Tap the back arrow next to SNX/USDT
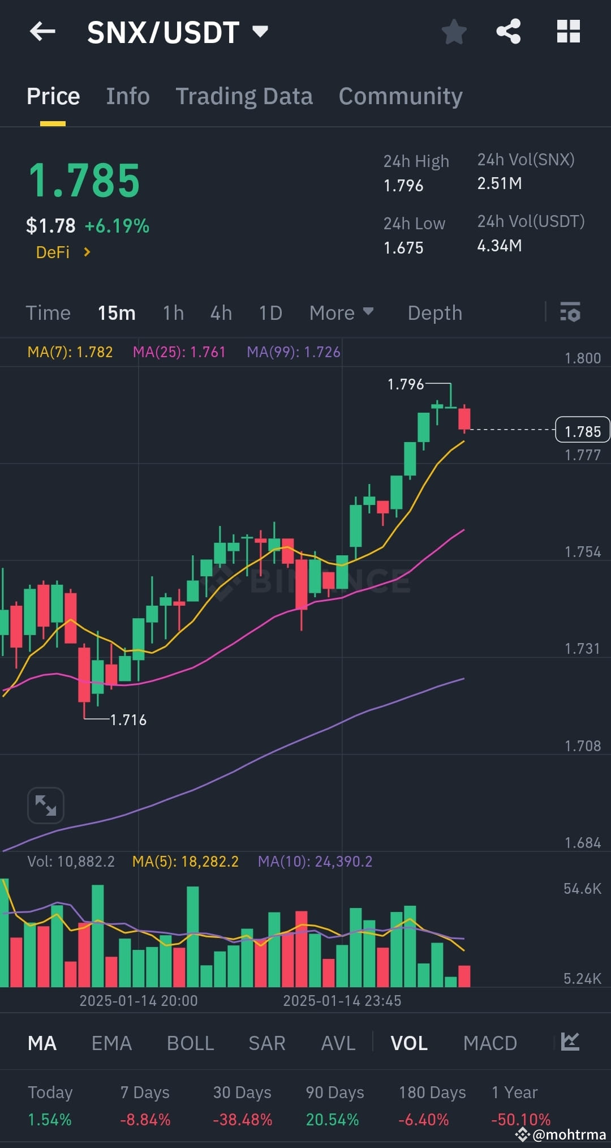pos(42,32)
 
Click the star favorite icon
pos(454,32)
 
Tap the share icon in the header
pos(508,32)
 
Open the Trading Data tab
pos(244,96)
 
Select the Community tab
pos(401,96)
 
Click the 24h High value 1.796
pos(403,186)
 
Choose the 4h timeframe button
pos(221,313)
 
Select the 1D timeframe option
pos(270,313)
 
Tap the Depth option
pos(434,313)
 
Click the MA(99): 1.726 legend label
pos(293,352)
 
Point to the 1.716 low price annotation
pos(128,720)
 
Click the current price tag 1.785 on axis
pos(582,431)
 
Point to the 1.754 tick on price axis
pos(582,552)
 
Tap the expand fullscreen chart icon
pos(45,805)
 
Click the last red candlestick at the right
pos(464,419)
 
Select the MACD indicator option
pos(490,1043)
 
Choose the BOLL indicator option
pos(190,1043)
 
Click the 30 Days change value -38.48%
pos(242,1120)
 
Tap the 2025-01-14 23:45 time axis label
pos(342,1001)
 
